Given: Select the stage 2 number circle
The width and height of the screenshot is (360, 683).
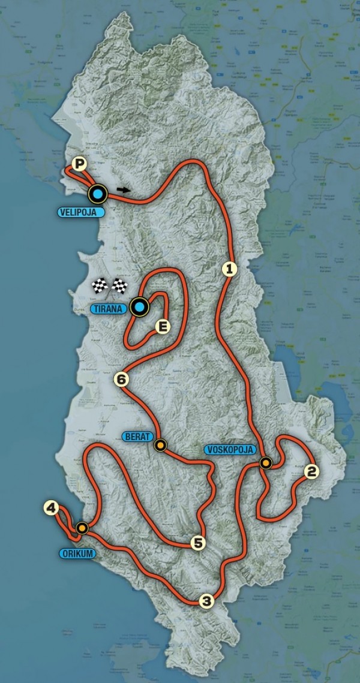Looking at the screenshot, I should coord(310,472).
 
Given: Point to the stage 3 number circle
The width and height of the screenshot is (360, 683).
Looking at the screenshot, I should coord(206,601).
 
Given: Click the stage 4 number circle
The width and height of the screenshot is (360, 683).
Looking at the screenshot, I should coord(51,509).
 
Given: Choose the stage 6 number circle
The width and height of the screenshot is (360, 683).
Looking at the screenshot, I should coord(122,379).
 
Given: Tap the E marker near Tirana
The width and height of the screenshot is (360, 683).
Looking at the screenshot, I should coord(161,327).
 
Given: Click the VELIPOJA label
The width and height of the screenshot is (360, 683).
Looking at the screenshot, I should coord(82,212).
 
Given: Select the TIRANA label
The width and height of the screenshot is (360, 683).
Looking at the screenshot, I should coord(110,309).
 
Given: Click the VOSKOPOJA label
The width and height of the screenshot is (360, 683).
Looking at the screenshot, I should coord(230,450).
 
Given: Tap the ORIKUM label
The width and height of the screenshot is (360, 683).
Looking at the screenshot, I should coord(77,553).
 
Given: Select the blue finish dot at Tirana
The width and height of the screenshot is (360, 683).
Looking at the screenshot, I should coord(140,308).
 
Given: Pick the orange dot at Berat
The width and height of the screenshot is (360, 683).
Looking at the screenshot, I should coord(160,445).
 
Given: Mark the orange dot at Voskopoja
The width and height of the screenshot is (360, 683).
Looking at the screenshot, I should coord(265,462).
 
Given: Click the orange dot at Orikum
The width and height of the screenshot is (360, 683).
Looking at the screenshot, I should coord(82,528).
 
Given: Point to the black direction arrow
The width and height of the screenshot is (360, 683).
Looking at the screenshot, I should coord(123,189).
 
